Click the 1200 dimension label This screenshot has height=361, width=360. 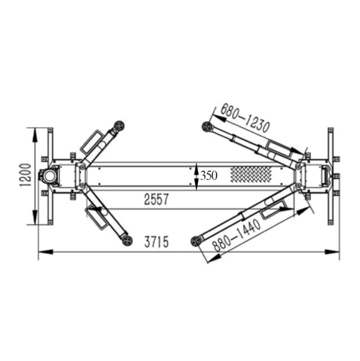point(25,175)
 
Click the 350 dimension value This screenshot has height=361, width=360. point(209,176)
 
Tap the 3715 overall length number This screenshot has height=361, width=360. point(156,242)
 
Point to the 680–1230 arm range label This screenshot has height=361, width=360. point(245,119)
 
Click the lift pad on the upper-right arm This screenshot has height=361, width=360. point(207,127)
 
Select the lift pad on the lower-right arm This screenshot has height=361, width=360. point(196,241)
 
